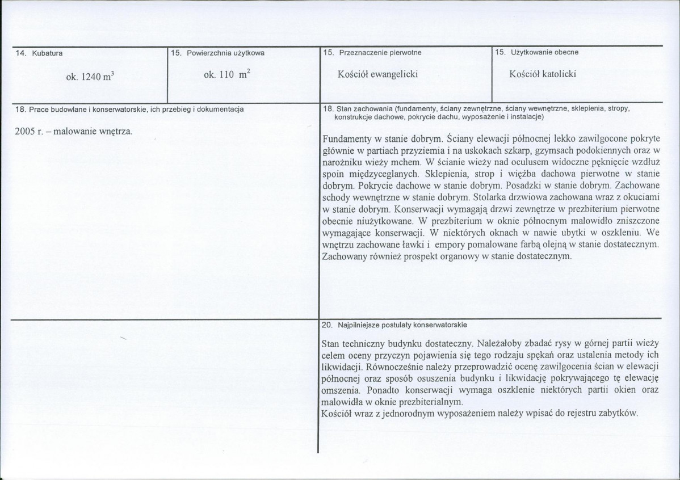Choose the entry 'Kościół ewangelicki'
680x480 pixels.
pos(377,74)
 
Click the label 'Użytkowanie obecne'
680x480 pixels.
pos(544,52)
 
